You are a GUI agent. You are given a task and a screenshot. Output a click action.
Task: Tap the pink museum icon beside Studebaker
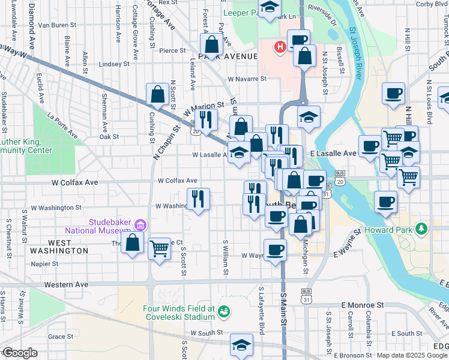(x=140, y=226)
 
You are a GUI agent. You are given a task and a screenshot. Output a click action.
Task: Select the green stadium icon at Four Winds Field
(x=224, y=311)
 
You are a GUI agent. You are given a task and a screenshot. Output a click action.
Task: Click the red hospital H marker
(x=279, y=47)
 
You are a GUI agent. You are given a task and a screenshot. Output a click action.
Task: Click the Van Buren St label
(x=57, y=26)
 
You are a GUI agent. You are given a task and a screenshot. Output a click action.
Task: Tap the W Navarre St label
(x=247, y=79)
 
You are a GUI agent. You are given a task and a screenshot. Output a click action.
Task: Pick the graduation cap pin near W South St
(x=241, y=344)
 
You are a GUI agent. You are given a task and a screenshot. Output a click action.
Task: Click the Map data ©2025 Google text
(x=411, y=355)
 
